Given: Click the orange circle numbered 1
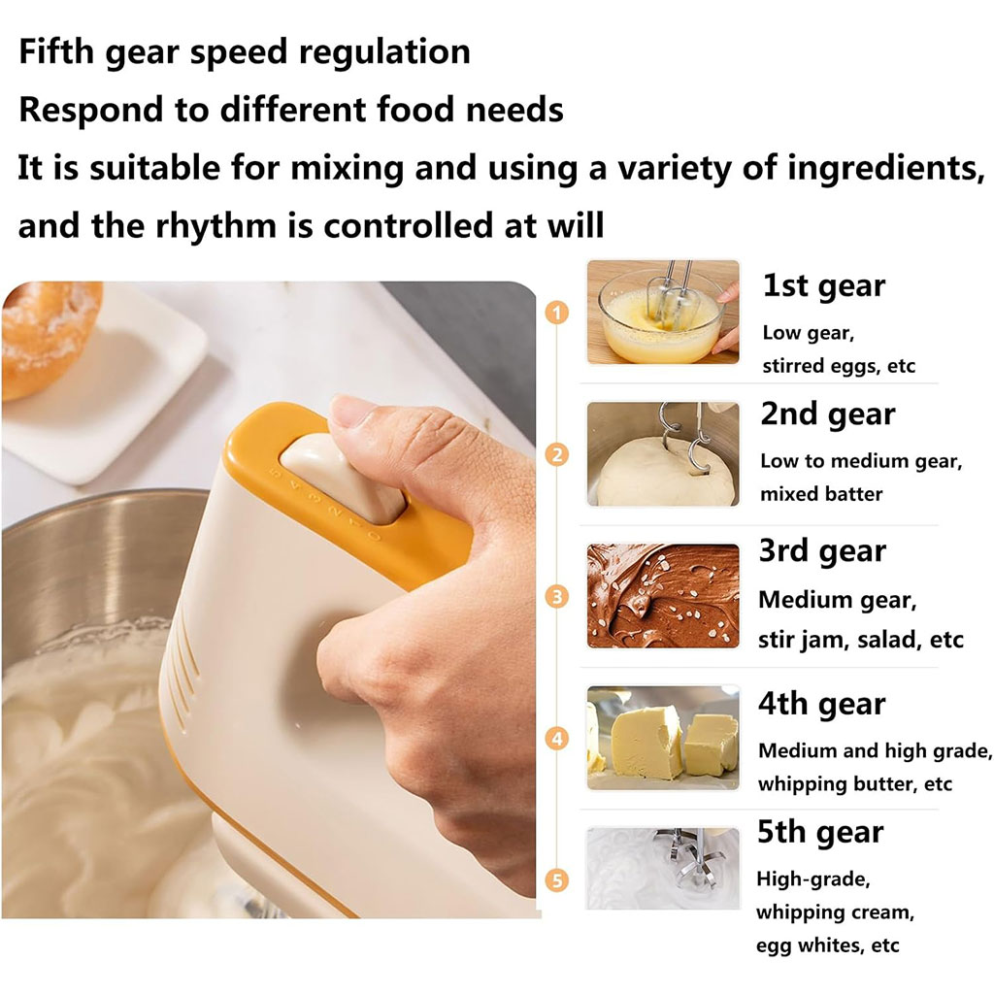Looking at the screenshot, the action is [556, 314].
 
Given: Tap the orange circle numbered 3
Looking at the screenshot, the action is [556, 597].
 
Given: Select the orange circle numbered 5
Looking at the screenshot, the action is [556, 879].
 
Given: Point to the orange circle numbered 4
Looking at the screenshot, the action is [556, 739].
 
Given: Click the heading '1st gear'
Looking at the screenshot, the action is [823, 286].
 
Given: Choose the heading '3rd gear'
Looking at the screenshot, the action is [822, 551].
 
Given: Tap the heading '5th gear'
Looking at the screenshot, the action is [820, 832].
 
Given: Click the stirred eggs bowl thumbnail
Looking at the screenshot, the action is [663, 312].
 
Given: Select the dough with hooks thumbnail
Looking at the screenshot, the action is [663, 454].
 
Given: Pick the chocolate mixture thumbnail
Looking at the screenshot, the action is [663, 596].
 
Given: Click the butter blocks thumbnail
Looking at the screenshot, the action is [663, 738].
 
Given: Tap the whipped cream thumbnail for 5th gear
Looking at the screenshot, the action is [663, 869].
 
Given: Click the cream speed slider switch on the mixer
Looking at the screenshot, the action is [343, 477].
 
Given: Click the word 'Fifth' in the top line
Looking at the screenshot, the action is [57, 51].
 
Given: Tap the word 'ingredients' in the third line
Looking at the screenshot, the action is [886, 169].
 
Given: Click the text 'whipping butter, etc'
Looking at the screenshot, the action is [855, 784].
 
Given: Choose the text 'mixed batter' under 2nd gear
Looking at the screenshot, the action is [821, 494].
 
